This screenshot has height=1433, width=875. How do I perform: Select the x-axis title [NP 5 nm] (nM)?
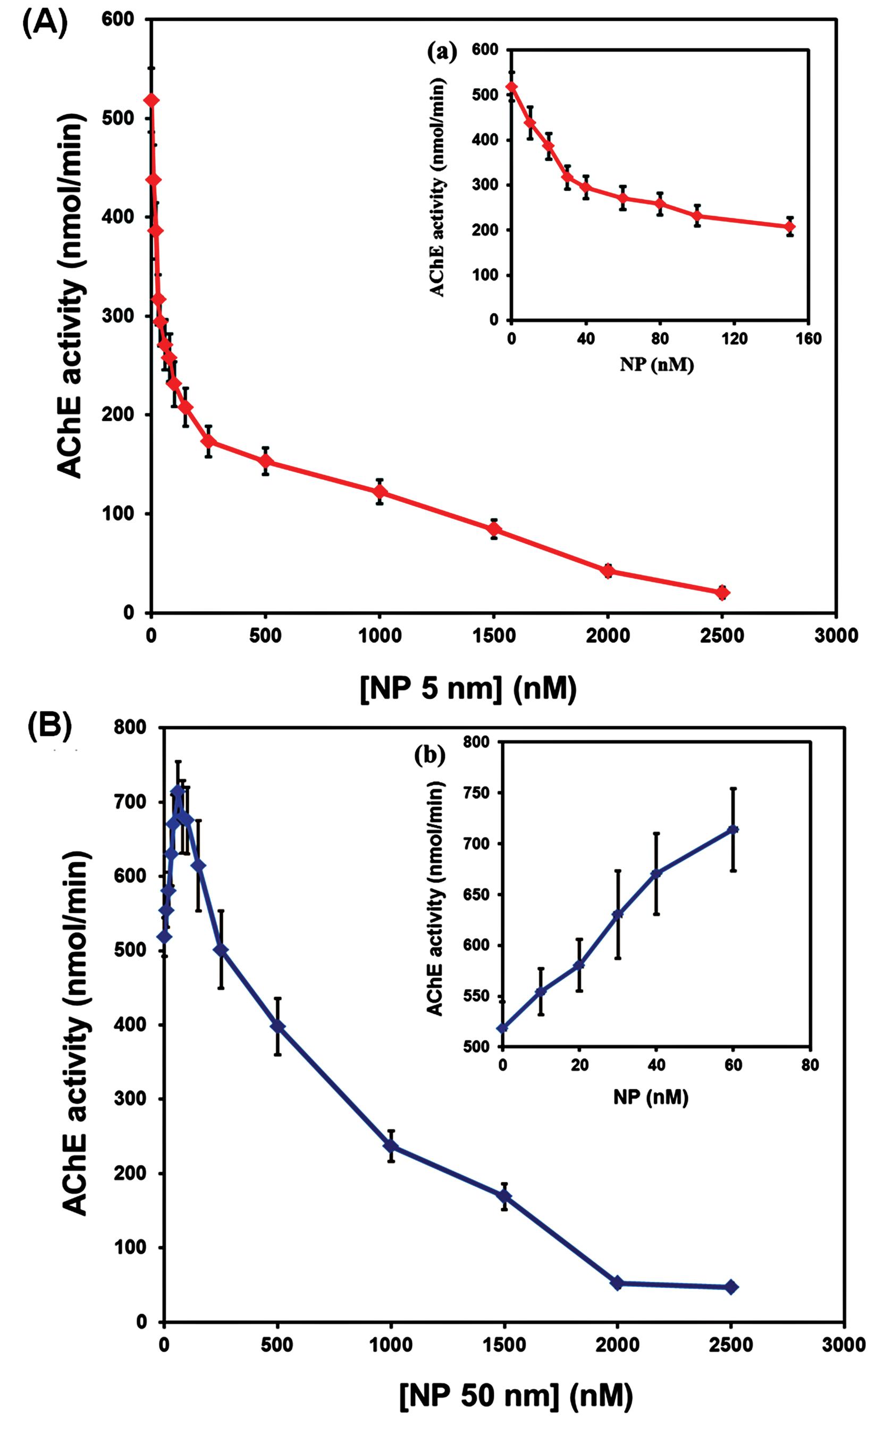(468, 689)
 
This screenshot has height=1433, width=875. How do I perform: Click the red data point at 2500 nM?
(722, 592)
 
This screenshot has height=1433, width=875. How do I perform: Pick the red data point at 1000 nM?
(380, 491)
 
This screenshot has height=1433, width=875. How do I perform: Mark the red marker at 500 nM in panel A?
(265, 461)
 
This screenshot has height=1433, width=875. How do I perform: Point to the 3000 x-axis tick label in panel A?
(836, 635)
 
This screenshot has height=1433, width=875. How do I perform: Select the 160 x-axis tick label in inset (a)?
(807, 338)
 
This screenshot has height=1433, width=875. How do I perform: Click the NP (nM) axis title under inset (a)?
(657, 365)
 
